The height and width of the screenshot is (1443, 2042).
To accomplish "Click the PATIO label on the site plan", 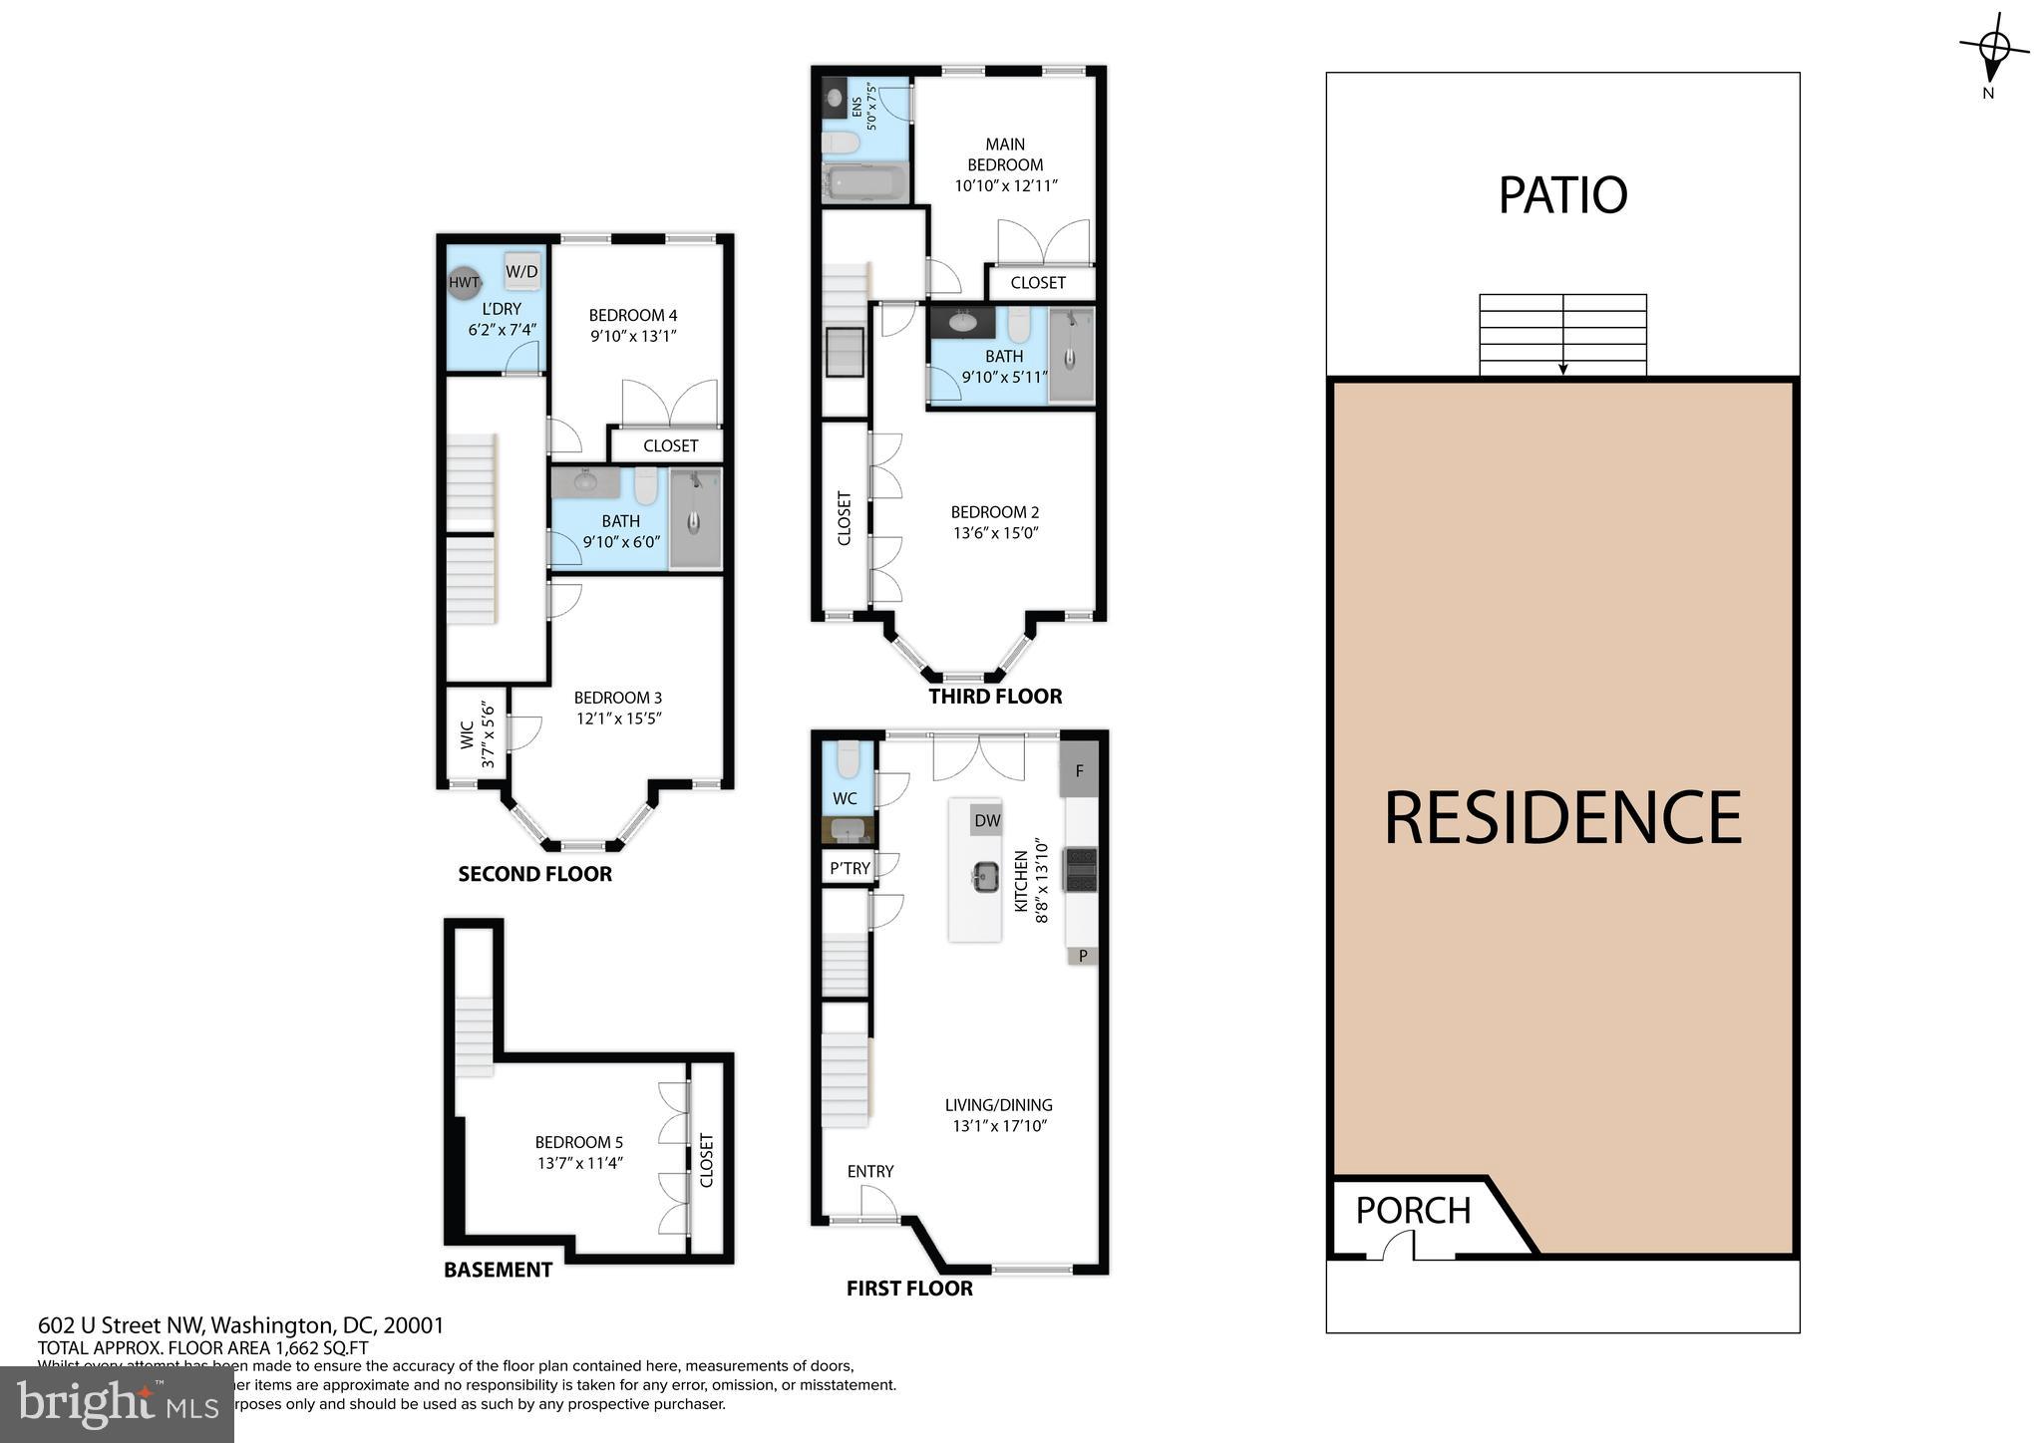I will (x=1562, y=195).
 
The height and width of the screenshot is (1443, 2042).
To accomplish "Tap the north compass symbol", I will (x=1993, y=49).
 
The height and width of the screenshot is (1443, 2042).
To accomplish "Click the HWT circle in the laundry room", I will (x=464, y=282).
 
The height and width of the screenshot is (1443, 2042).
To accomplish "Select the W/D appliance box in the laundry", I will (x=521, y=270).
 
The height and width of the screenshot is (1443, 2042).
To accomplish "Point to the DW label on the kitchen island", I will (x=986, y=820).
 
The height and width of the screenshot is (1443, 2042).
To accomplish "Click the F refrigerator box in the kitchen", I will (x=1079, y=770).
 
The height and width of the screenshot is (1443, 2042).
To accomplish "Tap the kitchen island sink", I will (x=984, y=878).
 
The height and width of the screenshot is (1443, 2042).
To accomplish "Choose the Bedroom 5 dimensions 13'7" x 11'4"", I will (x=578, y=1162).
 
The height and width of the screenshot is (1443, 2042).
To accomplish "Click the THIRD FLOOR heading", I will (x=995, y=697).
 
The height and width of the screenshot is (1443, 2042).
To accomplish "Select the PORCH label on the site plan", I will (x=1413, y=1210).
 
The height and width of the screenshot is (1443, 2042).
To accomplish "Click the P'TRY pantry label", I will (x=850, y=868).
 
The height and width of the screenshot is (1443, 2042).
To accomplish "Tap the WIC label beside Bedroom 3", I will (x=467, y=735).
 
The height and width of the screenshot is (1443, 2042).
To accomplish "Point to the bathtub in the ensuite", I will (x=864, y=184).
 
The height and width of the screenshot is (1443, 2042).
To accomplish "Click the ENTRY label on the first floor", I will (x=869, y=1171).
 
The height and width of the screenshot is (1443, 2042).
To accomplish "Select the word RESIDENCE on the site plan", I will (x=1562, y=817).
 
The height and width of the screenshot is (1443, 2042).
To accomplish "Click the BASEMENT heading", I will (x=498, y=1270).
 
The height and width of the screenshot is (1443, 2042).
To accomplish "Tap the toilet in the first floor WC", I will (x=848, y=759).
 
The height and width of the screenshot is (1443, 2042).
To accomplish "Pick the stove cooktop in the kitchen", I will (x=1081, y=868).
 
